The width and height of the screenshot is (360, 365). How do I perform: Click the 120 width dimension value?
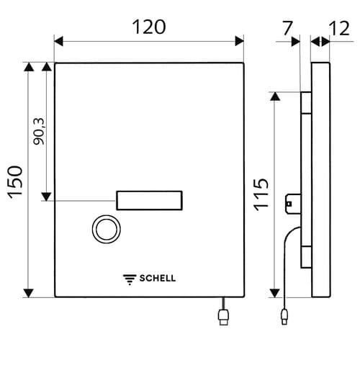click(149, 27)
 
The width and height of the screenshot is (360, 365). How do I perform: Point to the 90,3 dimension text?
click(39, 132)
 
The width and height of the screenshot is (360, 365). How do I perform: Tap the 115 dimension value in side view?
click(261, 193)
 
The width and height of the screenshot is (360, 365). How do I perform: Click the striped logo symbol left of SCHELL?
click(130, 279)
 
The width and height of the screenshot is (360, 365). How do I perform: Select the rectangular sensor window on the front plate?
click(148, 201)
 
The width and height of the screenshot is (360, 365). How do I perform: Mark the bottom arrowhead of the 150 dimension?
click(29, 292)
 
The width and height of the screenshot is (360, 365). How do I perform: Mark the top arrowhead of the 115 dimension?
click(276, 96)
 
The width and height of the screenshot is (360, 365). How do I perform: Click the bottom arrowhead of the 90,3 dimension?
click(46, 197)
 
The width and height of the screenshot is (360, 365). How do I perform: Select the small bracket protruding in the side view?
click(292, 203)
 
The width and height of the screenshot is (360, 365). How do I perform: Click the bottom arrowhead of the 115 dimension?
click(276, 292)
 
